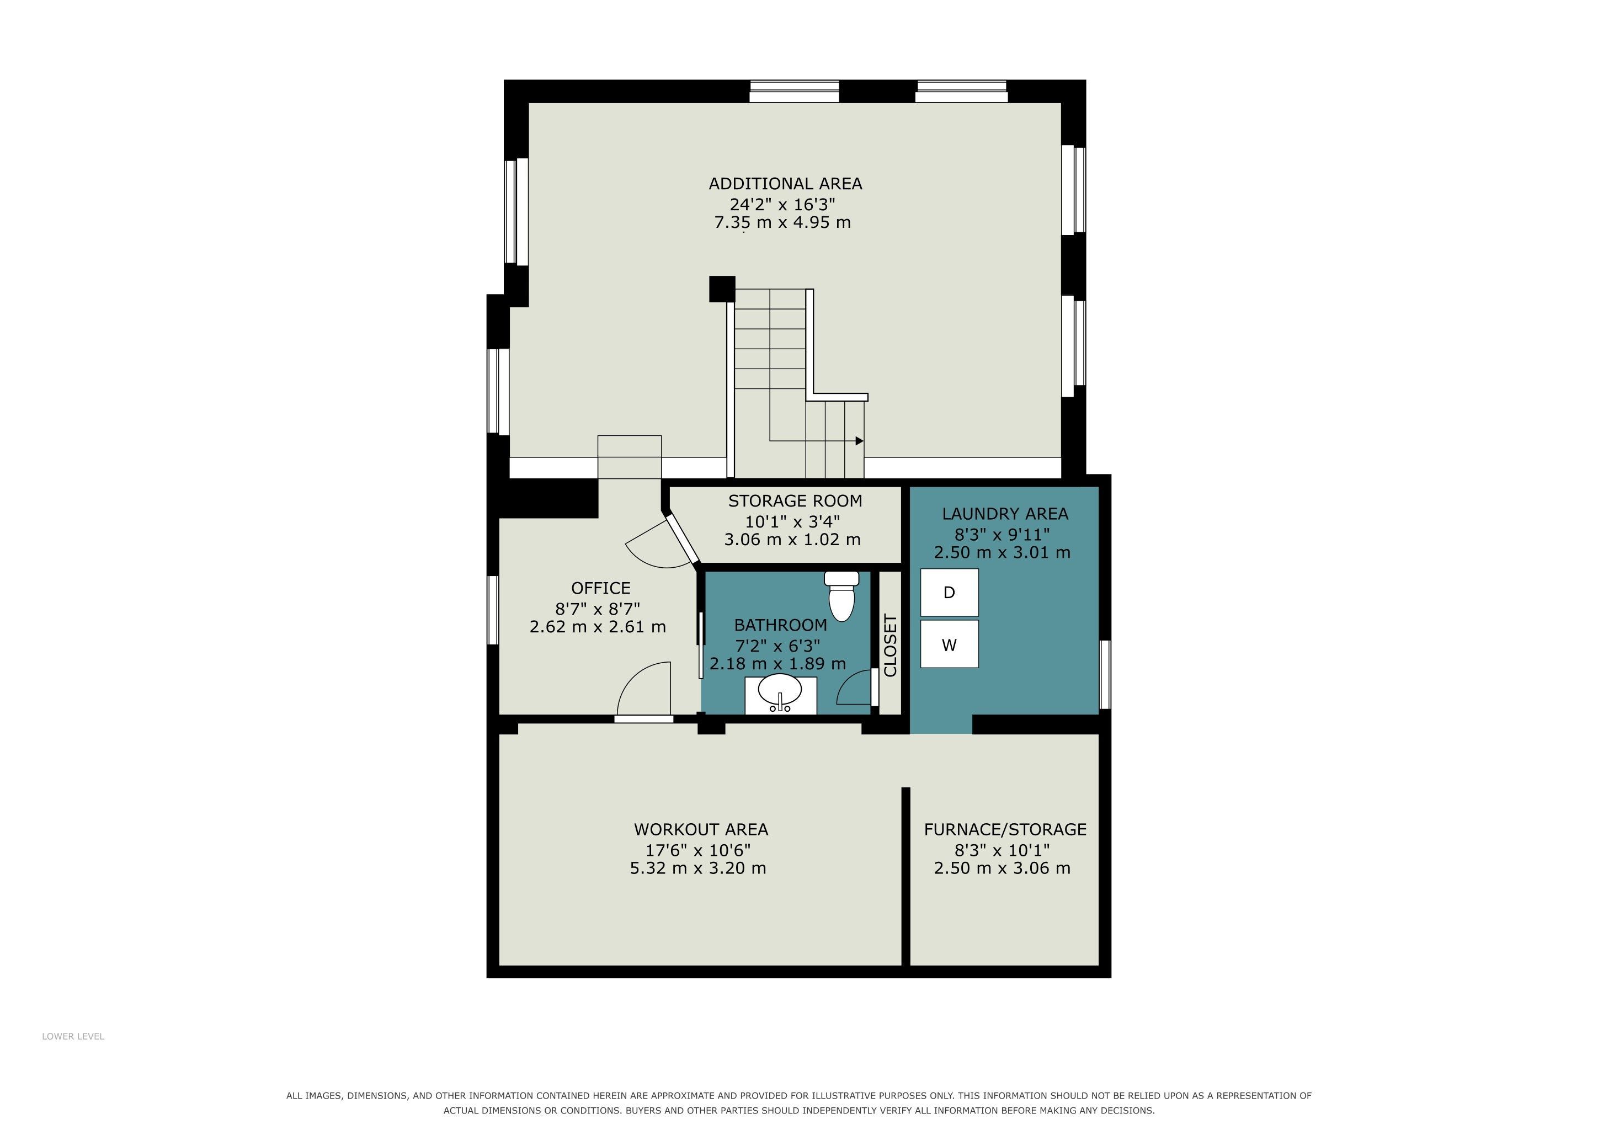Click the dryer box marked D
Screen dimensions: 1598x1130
click(949, 592)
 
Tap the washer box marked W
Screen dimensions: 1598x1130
click(949, 644)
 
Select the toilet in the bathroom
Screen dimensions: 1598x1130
click(841, 595)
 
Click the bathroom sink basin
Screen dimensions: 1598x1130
click(780, 690)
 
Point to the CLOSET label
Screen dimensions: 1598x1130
click(890, 645)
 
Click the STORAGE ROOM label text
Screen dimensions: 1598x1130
click(795, 501)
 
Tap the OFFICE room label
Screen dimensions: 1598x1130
click(601, 588)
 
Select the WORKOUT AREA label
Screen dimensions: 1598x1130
click(701, 829)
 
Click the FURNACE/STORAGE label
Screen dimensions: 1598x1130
click(1005, 829)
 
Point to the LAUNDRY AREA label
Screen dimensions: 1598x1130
click(1005, 514)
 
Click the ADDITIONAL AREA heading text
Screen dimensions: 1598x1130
click(785, 184)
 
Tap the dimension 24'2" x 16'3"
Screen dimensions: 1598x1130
click(782, 204)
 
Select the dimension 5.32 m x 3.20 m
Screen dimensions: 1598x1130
click(698, 868)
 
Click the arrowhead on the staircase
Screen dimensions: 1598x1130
click(860, 441)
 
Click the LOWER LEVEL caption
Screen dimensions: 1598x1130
click(73, 1036)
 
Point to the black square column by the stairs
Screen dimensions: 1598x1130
click(722, 289)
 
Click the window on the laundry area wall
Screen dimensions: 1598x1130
click(1105, 675)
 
